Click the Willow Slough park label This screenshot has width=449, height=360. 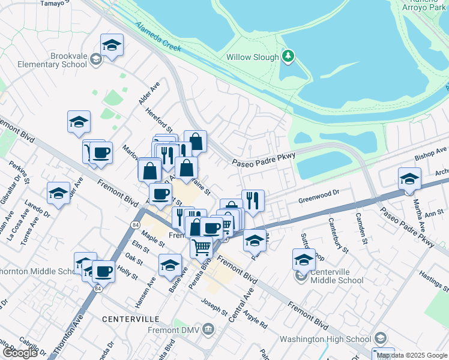[252, 58]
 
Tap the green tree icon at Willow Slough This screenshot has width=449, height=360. [289, 56]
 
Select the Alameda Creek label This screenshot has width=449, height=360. [158, 37]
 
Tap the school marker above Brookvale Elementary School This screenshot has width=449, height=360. [112, 46]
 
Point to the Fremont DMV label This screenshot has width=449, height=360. [174, 330]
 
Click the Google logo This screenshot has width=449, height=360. [20, 353]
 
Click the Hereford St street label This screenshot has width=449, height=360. [161, 121]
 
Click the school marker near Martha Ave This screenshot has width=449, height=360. [409, 179]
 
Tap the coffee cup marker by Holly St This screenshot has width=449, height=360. [103, 271]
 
